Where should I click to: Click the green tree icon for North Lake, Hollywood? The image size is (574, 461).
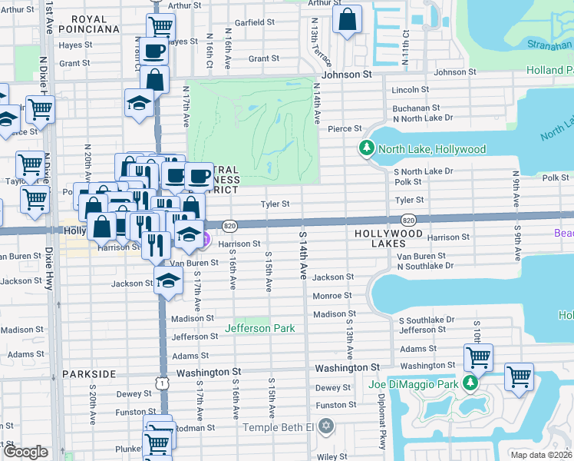point(366,148)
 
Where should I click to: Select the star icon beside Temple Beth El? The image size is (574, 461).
point(326,426)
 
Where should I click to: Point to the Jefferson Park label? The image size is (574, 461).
point(259,328)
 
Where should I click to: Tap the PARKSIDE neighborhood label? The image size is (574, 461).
point(91,373)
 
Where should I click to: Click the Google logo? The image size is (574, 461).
point(25,452)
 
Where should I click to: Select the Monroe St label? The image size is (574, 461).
point(332,295)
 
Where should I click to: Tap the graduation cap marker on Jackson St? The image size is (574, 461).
point(168,281)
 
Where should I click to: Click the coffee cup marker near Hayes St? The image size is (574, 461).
point(153,52)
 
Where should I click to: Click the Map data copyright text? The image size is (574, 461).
point(542,455)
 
